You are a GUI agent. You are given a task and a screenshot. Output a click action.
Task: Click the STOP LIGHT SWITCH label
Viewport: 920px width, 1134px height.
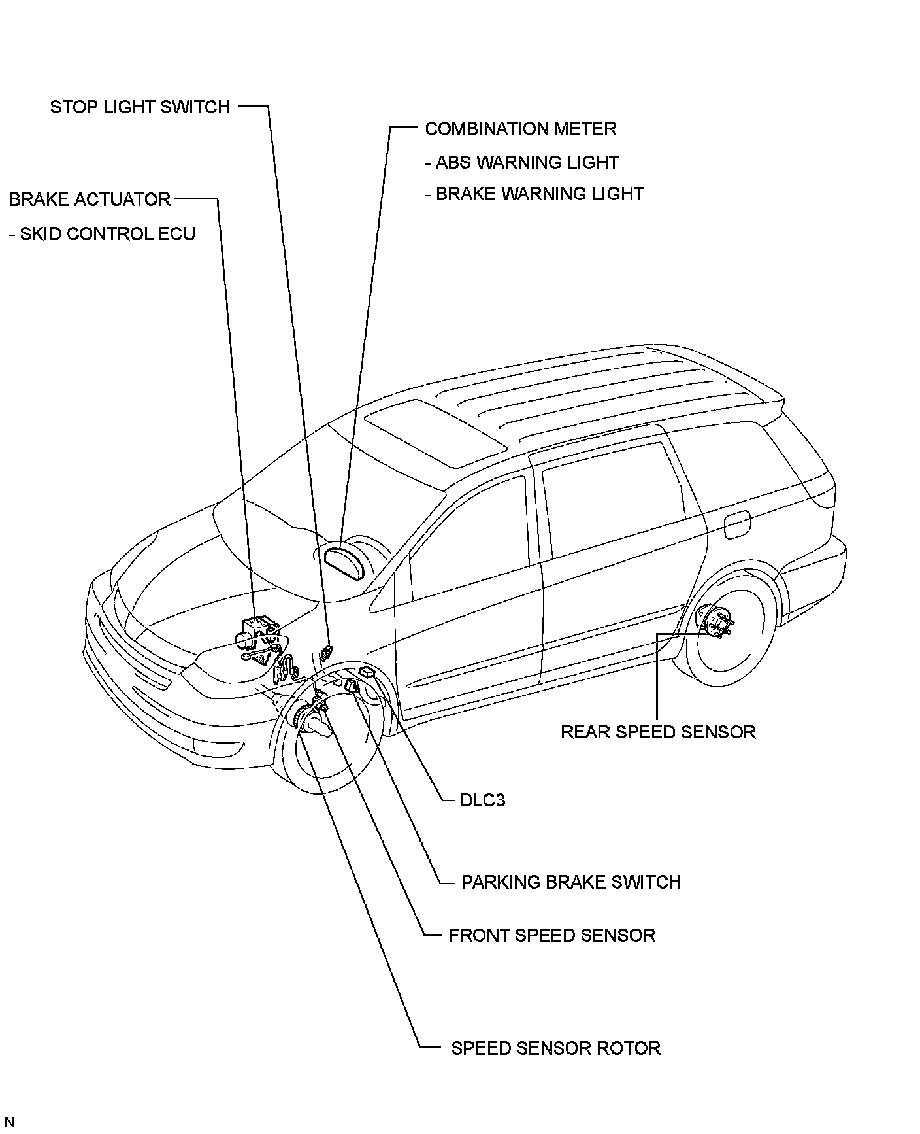click(140, 107)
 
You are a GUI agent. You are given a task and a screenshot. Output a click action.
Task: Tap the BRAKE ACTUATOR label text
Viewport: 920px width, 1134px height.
click(90, 199)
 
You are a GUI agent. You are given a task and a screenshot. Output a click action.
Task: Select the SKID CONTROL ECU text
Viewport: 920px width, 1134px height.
click(103, 234)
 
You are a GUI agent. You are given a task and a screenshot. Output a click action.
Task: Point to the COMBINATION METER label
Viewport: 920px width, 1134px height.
click(520, 129)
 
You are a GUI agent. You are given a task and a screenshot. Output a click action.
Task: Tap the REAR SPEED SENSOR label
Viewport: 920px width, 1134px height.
click(657, 732)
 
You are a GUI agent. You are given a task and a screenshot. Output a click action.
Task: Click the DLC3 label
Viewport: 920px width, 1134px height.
click(482, 800)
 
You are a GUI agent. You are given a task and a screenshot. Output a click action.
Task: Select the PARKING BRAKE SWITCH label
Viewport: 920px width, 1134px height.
click(570, 882)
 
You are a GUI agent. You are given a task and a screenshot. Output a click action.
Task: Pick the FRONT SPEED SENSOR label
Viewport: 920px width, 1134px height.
click(551, 935)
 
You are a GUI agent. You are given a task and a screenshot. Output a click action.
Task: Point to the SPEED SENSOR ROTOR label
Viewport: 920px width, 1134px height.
click(555, 1048)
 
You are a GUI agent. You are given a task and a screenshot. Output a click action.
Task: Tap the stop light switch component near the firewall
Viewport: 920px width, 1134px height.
click(326, 652)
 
